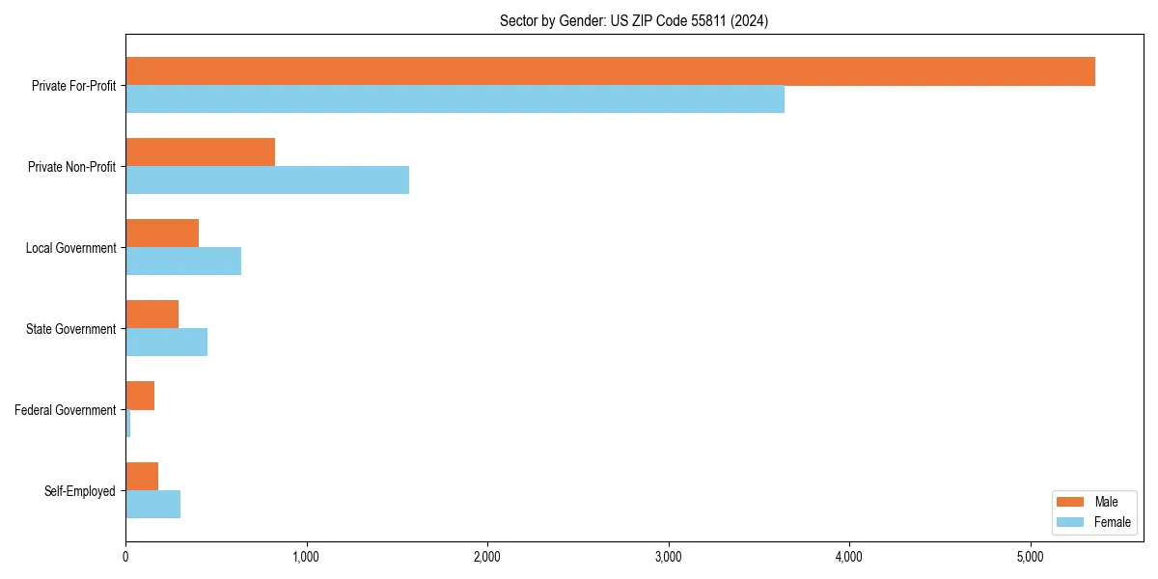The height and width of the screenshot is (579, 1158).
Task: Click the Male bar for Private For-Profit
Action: click(610, 71)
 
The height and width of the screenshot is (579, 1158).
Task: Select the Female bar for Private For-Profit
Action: click(455, 99)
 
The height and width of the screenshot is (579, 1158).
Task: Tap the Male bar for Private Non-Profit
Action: click(200, 152)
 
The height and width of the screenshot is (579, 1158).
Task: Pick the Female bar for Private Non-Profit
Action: click(267, 180)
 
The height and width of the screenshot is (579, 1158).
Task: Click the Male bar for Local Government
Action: click(162, 234)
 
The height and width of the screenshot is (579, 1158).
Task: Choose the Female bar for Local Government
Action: click(183, 262)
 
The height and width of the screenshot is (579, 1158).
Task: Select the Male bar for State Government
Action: click(152, 315)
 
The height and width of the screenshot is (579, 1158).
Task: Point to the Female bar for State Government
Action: click(166, 343)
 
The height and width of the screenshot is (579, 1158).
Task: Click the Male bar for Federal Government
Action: click(140, 396)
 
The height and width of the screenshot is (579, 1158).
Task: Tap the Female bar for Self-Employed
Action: click(152, 505)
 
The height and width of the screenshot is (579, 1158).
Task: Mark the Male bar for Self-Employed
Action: click(142, 477)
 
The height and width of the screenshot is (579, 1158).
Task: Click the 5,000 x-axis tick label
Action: click(1031, 558)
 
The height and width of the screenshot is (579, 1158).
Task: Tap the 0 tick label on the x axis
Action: click(125, 558)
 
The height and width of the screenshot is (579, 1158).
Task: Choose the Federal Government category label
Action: click(66, 410)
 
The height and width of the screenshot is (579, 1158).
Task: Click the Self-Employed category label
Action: click(80, 491)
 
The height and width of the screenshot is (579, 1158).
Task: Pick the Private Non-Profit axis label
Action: click(71, 167)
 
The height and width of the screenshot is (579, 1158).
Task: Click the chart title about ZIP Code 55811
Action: click(634, 21)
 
